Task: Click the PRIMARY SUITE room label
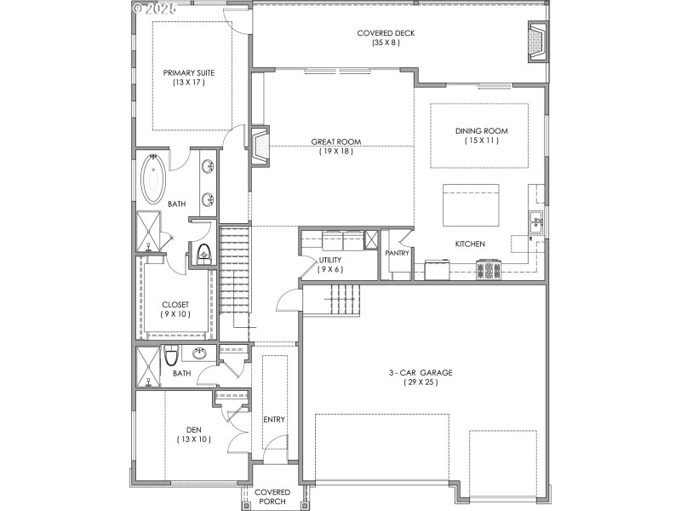pyautogui.click(x=184, y=73)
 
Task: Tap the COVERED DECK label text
pyautogui.click(x=386, y=33)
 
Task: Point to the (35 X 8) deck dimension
pyautogui.click(x=386, y=43)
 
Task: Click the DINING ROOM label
pyautogui.click(x=481, y=130)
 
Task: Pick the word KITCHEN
pyautogui.click(x=470, y=244)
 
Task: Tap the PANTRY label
pyautogui.click(x=397, y=253)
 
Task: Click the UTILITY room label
pyautogui.click(x=330, y=260)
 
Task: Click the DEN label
pyautogui.click(x=193, y=429)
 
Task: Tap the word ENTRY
pyautogui.click(x=274, y=419)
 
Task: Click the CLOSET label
pyautogui.click(x=175, y=304)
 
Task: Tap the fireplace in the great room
pyautogui.click(x=262, y=145)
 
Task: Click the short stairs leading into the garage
pyautogui.click(x=346, y=297)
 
